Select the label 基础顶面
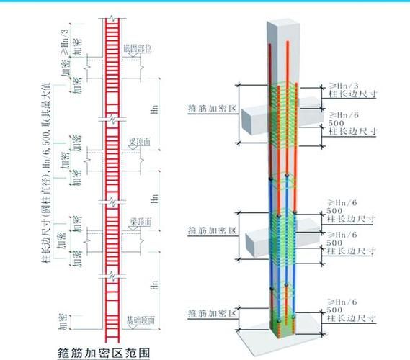coord(141,319)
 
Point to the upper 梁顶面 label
coord(141,143)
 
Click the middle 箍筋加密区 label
coord(213,230)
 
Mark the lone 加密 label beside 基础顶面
coord(66,318)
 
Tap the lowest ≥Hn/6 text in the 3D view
coord(342,301)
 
